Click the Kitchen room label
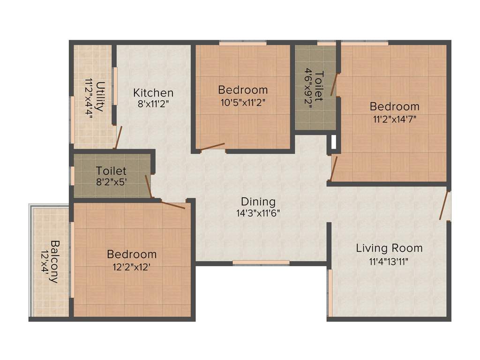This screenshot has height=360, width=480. click(153, 92)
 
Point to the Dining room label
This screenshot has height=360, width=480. click(258, 202)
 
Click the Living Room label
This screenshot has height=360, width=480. click(389, 248)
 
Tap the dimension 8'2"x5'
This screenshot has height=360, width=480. click(111, 182)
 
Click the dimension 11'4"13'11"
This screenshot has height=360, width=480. click(389, 261)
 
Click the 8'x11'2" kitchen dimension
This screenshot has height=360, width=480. click(153, 104)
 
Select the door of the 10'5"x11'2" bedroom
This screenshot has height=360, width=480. click(212, 147)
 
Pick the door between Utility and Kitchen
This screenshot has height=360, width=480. click(119, 137)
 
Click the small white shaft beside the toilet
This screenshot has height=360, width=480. click(333, 143)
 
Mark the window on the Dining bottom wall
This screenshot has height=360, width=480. click(261, 262)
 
